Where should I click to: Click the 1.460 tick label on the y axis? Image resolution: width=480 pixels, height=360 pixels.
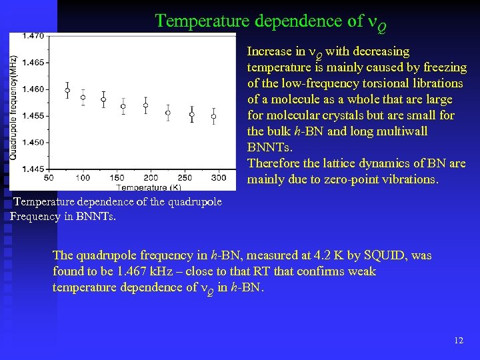point(33,89)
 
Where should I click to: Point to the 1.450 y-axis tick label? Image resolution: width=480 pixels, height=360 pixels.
point(33,142)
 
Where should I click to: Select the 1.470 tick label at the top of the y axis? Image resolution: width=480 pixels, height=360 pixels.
point(33,36)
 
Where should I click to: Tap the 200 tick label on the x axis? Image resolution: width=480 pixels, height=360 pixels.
point(151,177)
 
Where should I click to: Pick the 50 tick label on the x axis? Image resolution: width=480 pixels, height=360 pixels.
point(49,177)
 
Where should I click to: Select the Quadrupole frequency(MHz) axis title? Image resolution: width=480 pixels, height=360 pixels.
point(13,107)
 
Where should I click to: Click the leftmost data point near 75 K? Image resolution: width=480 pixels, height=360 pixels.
point(67,91)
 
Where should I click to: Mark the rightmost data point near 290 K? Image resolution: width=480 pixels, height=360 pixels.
point(213,117)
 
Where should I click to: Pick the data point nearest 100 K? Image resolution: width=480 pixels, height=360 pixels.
point(83,97)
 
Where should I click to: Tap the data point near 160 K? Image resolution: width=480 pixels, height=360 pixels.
point(103,100)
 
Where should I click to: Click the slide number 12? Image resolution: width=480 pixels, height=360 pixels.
point(458,340)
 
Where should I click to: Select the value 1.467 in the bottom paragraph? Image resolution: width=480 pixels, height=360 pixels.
point(132,271)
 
